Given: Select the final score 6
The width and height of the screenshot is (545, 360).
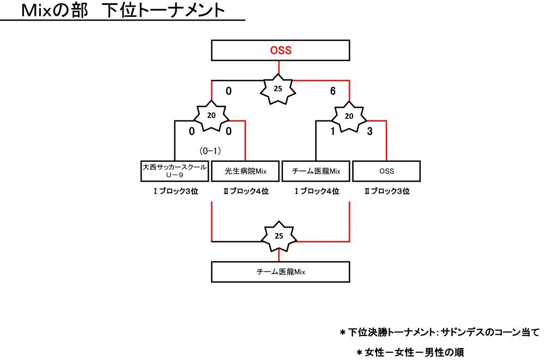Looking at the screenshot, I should coord(332,91).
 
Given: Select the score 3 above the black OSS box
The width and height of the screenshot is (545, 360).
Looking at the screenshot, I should coord(370,131).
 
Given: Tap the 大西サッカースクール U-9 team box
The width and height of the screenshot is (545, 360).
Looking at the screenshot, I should coord(174,171).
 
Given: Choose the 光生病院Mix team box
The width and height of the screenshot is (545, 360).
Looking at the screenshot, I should coord(245,171).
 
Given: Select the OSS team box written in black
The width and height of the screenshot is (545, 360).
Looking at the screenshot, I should coord(386,171).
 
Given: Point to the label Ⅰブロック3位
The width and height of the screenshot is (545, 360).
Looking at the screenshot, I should coord(174,191).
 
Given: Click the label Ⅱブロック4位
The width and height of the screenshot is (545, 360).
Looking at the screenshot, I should coord(245,191).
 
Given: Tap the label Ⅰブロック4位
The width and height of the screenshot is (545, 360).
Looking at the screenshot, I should coord(316,191).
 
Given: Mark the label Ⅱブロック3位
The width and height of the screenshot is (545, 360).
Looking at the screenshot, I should coord(386,191).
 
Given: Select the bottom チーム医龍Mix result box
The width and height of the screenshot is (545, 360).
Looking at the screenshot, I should coord(281,271).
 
